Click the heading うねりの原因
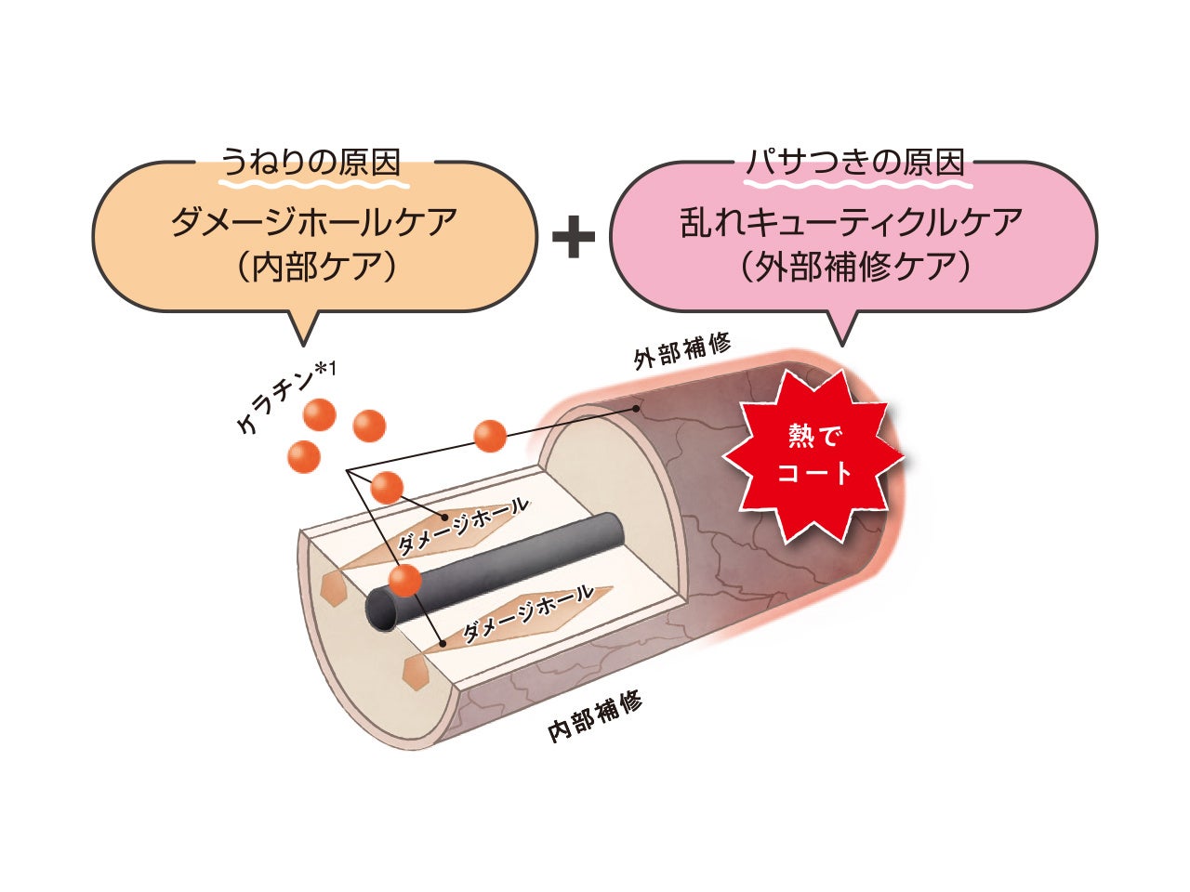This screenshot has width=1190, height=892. pyautogui.click(x=311, y=163)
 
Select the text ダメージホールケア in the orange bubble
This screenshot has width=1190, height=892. pyautogui.click(x=314, y=224)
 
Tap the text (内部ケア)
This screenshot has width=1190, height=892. pyautogui.click(x=313, y=269)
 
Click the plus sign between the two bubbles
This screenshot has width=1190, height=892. pyautogui.click(x=574, y=238)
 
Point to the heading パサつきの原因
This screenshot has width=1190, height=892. pyautogui.click(x=855, y=163)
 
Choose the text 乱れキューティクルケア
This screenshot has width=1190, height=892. pyautogui.click(x=852, y=224)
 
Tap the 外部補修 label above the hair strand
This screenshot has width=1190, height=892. pyautogui.click(x=682, y=351)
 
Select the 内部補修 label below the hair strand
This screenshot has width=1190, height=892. pyautogui.click(x=595, y=717)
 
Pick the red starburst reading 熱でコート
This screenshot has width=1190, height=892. pyautogui.click(x=813, y=455)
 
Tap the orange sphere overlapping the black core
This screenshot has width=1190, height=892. pyautogui.click(x=404, y=580)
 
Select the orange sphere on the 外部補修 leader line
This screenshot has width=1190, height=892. pyautogui.click(x=489, y=435)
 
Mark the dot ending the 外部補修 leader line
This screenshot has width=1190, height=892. pyautogui.click(x=637, y=408)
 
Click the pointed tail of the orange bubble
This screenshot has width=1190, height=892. pyautogui.click(x=303, y=330)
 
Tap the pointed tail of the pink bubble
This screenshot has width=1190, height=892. pyautogui.click(x=842, y=330)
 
